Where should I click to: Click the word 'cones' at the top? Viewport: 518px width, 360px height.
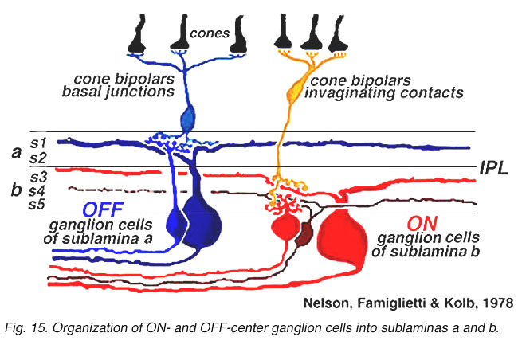tap(210, 33)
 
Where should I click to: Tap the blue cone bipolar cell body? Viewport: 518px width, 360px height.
tap(187, 118)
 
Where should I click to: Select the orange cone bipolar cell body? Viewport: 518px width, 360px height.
tap(294, 92)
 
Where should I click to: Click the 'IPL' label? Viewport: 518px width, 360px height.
tap(493, 167)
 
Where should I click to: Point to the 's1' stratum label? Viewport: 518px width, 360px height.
tap(39, 143)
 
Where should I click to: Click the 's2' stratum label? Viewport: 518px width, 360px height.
tap(38, 158)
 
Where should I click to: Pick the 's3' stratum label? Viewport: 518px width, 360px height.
tap(39, 178)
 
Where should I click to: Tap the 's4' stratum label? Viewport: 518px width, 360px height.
tap(37, 190)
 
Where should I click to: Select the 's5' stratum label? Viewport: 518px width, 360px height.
tap(37, 205)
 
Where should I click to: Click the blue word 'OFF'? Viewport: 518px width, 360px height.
tap(103, 209)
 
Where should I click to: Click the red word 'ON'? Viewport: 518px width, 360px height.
tap(422, 224)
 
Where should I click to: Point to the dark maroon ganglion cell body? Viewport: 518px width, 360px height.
tap(304, 234)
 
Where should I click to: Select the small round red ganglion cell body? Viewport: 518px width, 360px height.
tap(285, 226)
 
